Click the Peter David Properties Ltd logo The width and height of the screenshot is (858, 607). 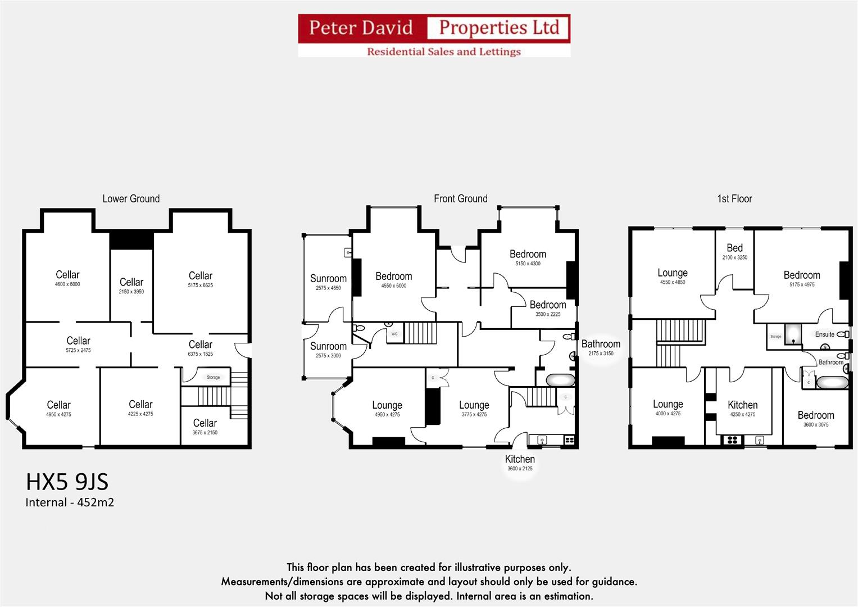434,35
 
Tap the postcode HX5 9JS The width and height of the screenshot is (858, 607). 67,482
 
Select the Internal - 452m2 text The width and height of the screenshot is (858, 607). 70,502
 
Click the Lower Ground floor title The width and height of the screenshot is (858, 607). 131,198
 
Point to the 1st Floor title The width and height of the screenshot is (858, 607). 734,198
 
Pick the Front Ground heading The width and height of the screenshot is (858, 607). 460,198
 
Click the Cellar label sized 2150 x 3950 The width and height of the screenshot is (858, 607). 131,282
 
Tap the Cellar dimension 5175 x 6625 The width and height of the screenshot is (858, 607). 201,286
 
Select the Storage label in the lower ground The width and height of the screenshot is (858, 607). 214,377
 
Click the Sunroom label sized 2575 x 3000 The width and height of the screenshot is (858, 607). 328,346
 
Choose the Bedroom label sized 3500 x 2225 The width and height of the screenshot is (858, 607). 548,305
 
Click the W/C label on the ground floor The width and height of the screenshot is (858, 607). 394,334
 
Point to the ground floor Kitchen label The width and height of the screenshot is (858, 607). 520,459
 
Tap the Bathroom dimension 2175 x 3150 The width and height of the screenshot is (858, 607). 601,354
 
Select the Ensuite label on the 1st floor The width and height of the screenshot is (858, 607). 825,334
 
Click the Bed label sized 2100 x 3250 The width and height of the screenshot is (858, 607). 734,248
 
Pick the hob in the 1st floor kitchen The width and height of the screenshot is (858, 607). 732,440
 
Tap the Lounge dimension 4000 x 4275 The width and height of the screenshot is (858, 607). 668,414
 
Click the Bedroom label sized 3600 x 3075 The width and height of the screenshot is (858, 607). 816,415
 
